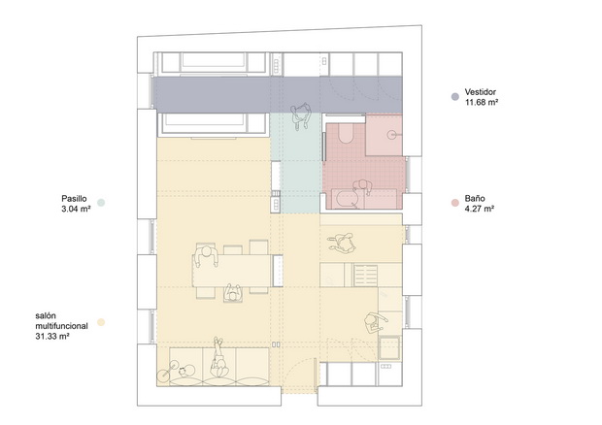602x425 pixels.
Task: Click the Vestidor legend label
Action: coord(481,92)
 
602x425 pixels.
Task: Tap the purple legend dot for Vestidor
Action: coord(455,97)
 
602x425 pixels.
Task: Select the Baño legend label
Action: coord(475,198)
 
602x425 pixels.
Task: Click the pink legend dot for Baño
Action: coord(455,203)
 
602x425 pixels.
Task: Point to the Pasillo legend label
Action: coord(74,199)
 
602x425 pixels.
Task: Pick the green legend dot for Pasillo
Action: coord(101,203)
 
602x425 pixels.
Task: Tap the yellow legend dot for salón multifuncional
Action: coord(101,322)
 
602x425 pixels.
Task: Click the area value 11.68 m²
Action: coord(482,103)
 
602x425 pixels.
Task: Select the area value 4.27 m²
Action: coord(479,209)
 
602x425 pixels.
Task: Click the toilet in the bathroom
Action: coord(347,134)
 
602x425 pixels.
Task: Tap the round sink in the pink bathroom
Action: coord(392,134)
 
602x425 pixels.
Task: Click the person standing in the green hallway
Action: coord(301,116)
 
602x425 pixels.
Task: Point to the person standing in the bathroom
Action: coord(362,187)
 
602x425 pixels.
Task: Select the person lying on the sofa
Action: coord(218,358)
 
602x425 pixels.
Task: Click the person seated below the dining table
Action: coord(233,294)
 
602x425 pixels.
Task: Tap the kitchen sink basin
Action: coord(389,348)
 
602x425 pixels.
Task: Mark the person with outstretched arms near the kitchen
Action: coord(343,243)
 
